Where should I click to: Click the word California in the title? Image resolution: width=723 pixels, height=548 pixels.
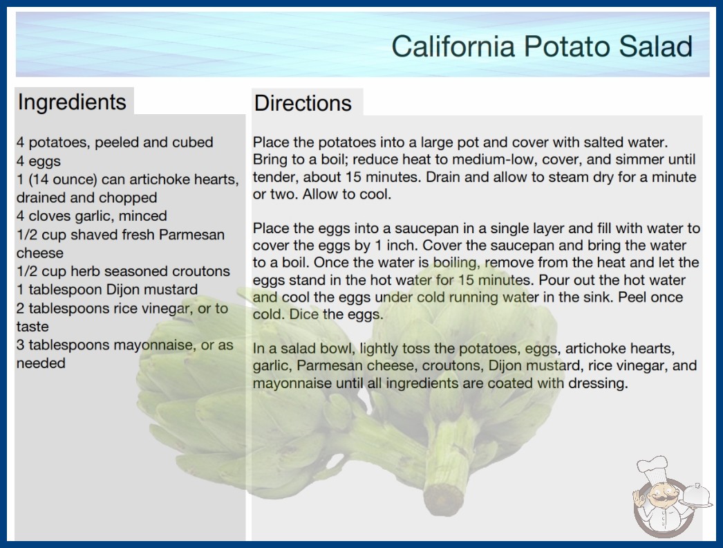coord(453,46)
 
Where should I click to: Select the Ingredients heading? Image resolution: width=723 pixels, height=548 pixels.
coord(72,102)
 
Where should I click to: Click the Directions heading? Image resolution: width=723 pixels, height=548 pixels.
coord(303,103)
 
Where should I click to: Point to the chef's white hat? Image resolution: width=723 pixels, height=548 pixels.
coord(653,467)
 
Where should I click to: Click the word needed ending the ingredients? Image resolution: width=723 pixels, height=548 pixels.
coord(41,363)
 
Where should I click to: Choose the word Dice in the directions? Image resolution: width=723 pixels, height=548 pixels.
coord(304,314)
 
